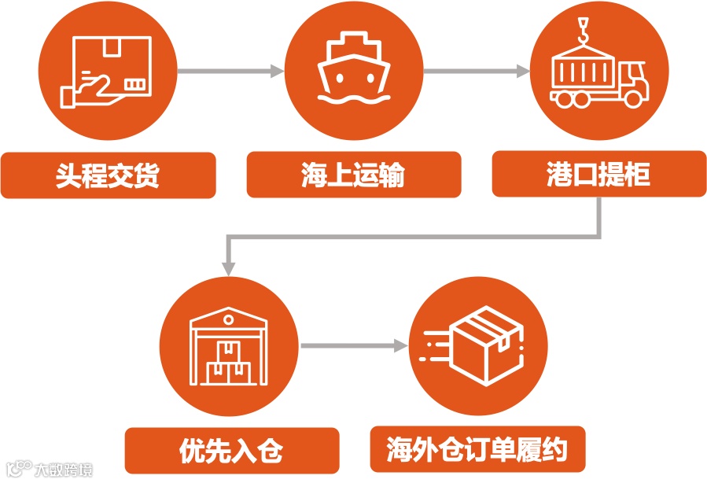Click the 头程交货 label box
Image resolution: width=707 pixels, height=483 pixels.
[x=108, y=175]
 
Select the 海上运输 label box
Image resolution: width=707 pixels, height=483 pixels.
[x=353, y=175]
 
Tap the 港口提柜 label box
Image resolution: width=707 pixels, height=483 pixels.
[x=598, y=175]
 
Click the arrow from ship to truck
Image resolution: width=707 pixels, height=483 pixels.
[x=477, y=72]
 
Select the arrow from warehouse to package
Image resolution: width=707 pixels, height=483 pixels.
[x=355, y=345]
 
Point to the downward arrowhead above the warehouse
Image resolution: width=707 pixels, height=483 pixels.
[x=228, y=267]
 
